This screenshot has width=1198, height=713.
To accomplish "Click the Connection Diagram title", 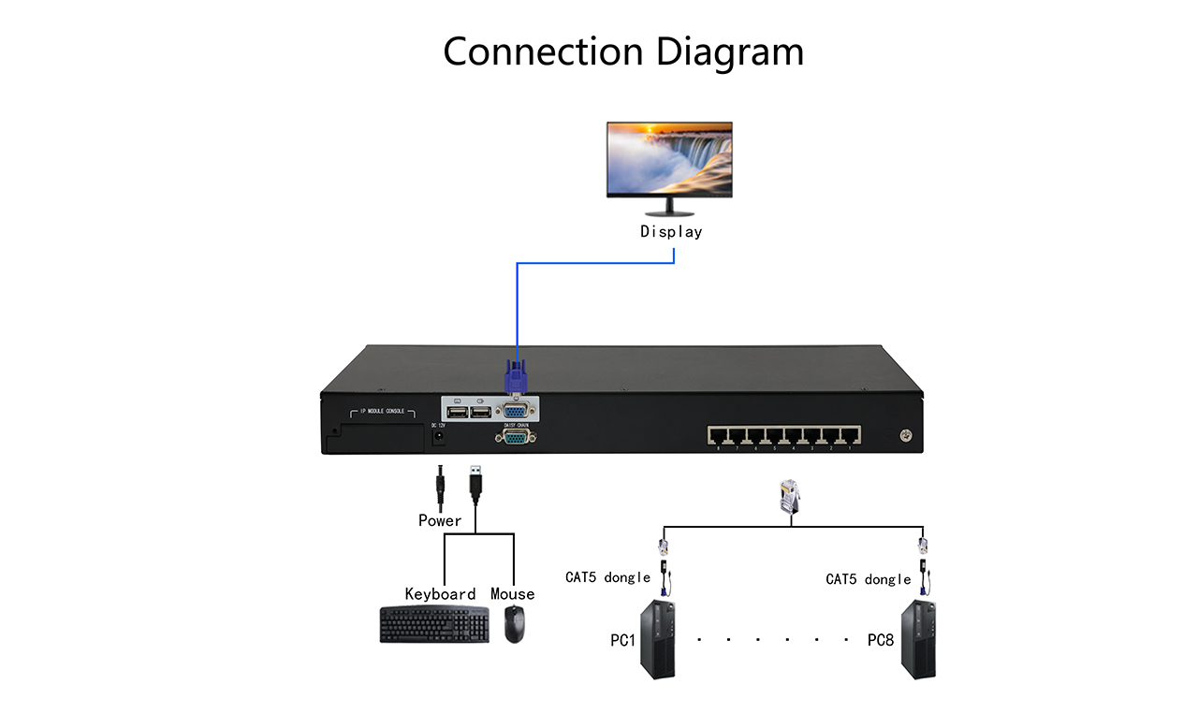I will tap(623, 51).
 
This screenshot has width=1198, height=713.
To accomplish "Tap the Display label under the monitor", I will tap(670, 231).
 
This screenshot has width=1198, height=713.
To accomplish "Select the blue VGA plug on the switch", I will tap(515, 381).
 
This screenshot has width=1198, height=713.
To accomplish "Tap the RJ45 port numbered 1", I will tap(850, 435).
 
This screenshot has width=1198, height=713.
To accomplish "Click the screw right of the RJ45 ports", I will tap(905, 435).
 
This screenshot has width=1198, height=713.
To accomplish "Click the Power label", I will tap(440, 520).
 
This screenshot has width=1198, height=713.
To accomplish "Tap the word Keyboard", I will tap(440, 594).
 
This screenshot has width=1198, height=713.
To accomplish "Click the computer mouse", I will tap(514, 624).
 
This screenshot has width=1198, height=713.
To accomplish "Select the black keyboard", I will tap(434, 625).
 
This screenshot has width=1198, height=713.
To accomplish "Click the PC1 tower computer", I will tap(657, 641).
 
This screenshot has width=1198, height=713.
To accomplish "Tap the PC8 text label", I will tap(881, 641).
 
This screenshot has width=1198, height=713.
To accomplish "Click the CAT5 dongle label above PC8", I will tap(868, 579).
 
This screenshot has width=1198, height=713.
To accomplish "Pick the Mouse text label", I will tap(512, 594).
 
